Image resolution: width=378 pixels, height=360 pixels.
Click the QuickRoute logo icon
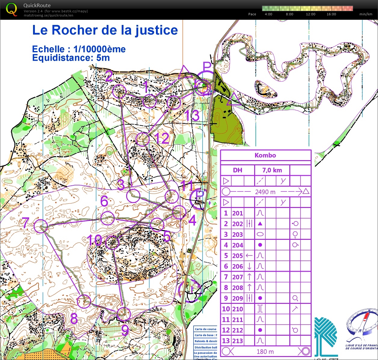tap(11, 9)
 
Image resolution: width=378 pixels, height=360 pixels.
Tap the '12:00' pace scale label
tap(310, 14)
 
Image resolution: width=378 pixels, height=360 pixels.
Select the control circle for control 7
tap(41, 226)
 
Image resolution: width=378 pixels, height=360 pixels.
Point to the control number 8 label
tap(74, 319)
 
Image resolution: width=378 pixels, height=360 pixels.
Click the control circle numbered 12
tap(143, 139)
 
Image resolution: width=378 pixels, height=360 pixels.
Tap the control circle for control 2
tap(119, 91)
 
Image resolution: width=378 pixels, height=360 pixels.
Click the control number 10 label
tap(94, 240)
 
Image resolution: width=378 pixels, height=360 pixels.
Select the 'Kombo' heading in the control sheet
tap(265, 155)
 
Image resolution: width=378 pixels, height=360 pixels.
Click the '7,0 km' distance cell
tap(272, 170)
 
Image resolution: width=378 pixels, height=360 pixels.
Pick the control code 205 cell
tap(237, 256)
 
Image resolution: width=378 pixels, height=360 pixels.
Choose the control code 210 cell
tap(237, 309)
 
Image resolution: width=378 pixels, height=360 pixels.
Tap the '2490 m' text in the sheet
tap(265, 192)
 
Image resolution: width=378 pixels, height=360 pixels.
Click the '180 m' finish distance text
tap(265, 352)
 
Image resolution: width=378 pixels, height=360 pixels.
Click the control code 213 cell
tap(237, 341)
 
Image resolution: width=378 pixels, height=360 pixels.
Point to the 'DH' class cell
tap(237, 170)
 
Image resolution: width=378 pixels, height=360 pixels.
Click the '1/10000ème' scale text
tap(99, 49)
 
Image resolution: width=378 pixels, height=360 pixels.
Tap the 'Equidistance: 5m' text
tap(71, 58)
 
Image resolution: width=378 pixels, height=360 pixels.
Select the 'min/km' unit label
tap(366, 14)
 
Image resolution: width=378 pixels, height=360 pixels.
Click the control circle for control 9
tap(123, 314)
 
